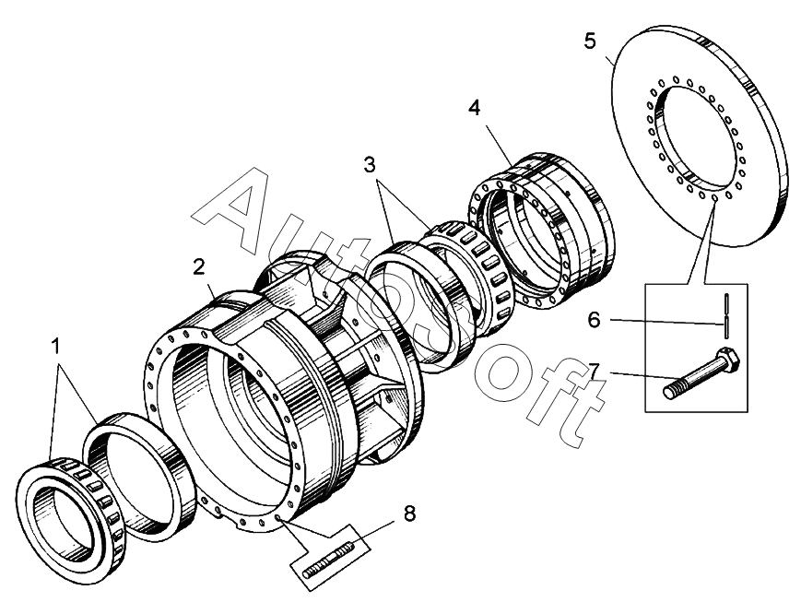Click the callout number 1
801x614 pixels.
pyautogui.click(x=56, y=347)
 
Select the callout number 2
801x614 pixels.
pyautogui.click(x=198, y=267)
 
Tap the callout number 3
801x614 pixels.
pyautogui.click(x=370, y=166)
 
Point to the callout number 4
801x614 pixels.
pyautogui.click(x=474, y=107)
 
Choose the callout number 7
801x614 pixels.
pyautogui.click(x=595, y=371)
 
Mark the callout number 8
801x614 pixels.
pyautogui.click(x=409, y=514)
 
